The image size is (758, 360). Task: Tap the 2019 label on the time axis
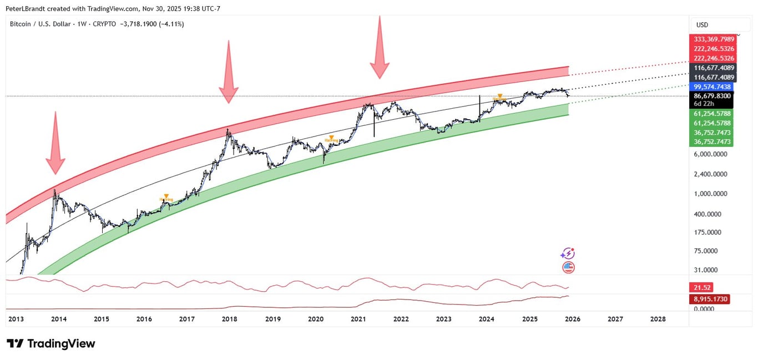272,319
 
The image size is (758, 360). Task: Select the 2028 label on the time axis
658,319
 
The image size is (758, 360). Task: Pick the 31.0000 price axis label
708,270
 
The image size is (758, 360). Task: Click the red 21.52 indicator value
701,287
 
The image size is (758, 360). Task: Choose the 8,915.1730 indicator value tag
710,299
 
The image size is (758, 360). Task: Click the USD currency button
703,25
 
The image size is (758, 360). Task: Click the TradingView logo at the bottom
51,343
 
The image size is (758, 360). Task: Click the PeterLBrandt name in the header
28,9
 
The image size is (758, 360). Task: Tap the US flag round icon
568,267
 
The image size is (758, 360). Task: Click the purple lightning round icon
567,253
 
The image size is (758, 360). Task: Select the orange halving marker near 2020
331,138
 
